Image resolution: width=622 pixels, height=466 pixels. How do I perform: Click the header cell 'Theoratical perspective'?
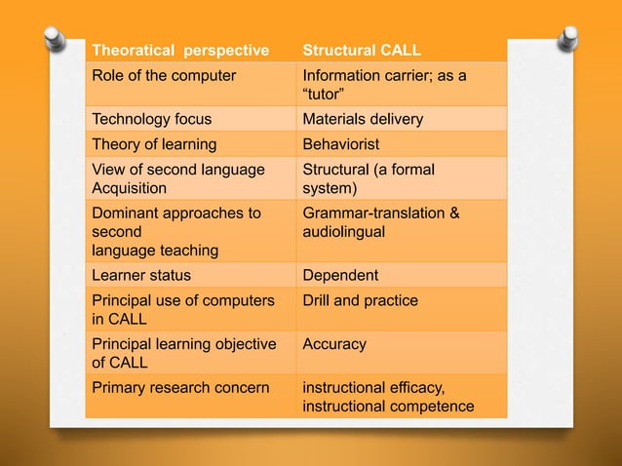coord(179,50)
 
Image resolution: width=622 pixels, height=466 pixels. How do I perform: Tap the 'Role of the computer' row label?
coord(164,75)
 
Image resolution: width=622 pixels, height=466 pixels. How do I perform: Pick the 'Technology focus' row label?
coord(151,119)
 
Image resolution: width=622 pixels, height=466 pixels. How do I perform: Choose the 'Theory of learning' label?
coord(154,144)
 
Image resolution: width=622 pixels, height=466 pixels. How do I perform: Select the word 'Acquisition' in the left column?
coord(129,187)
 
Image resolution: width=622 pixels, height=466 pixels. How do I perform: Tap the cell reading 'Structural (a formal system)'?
coord(368,178)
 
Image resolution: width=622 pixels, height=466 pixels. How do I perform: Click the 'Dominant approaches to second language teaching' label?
coord(175,231)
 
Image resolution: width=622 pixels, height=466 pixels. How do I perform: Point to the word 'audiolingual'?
coord(344,232)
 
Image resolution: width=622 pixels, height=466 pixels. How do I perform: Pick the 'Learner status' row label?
coord(141,276)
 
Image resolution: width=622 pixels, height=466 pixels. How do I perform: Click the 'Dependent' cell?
coord(340,276)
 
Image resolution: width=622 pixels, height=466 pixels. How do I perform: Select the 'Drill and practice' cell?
coord(360,300)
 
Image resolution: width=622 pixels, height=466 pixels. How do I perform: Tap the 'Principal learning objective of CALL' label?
coord(183,353)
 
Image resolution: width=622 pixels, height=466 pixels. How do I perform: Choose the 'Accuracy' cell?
coord(334,344)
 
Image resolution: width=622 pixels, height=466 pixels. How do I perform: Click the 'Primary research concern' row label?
coord(179,388)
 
